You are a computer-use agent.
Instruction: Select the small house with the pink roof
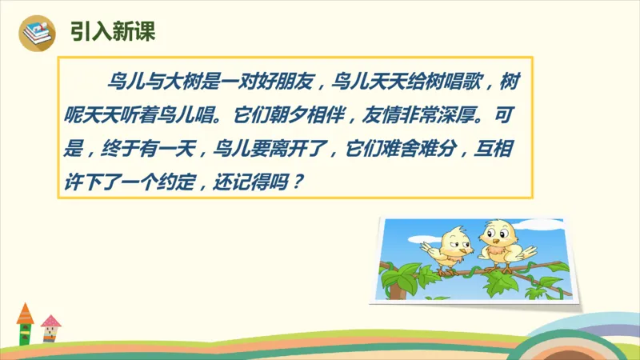[51, 328]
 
